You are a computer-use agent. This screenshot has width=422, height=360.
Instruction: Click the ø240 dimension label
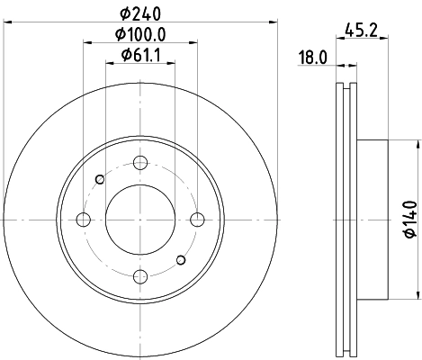click(x=139, y=13)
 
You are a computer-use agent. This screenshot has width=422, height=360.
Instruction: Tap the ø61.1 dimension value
click(x=139, y=56)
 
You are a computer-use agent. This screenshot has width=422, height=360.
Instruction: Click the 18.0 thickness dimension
click(x=311, y=59)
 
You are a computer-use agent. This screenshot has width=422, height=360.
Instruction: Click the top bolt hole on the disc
click(x=139, y=163)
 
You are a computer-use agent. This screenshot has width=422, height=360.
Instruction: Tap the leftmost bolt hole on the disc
click(x=84, y=220)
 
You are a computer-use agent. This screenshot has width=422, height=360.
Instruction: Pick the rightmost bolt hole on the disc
click(x=196, y=220)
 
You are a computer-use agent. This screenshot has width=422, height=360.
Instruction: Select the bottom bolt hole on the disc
click(x=139, y=276)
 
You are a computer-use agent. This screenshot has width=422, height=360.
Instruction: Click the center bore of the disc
click(x=139, y=220)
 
